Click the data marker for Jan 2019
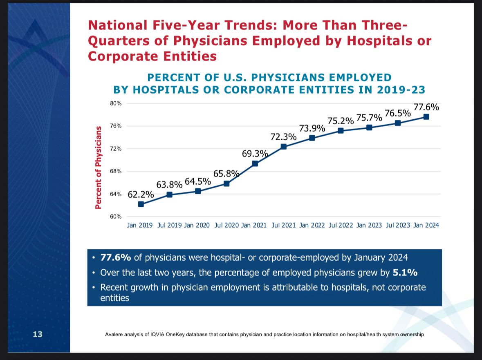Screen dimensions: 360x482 click(141, 204)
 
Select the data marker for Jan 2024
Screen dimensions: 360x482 click(426, 117)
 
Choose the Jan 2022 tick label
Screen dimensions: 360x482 click(312, 225)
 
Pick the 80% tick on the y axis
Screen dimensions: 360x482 click(116, 104)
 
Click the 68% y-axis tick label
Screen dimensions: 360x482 click(116, 172)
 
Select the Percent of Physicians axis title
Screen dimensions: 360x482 click(98, 168)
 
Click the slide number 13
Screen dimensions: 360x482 click(38, 334)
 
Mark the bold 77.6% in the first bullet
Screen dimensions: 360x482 click(116, 257)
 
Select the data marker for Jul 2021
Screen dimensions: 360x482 click(283, 147)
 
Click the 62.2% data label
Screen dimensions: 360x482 click(141, 195)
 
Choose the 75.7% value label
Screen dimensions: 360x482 click(369, 119)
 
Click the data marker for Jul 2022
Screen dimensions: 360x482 click(341, 131)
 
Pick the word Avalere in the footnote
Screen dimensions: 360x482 click(114, 335)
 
